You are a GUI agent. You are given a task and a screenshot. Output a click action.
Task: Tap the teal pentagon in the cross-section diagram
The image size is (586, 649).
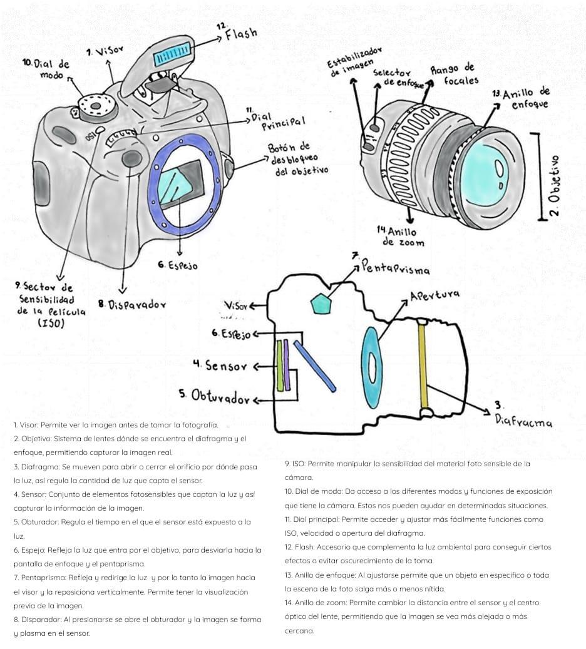[321, 303]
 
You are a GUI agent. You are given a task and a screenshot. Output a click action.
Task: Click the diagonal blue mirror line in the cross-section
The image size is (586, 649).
[314, 365]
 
